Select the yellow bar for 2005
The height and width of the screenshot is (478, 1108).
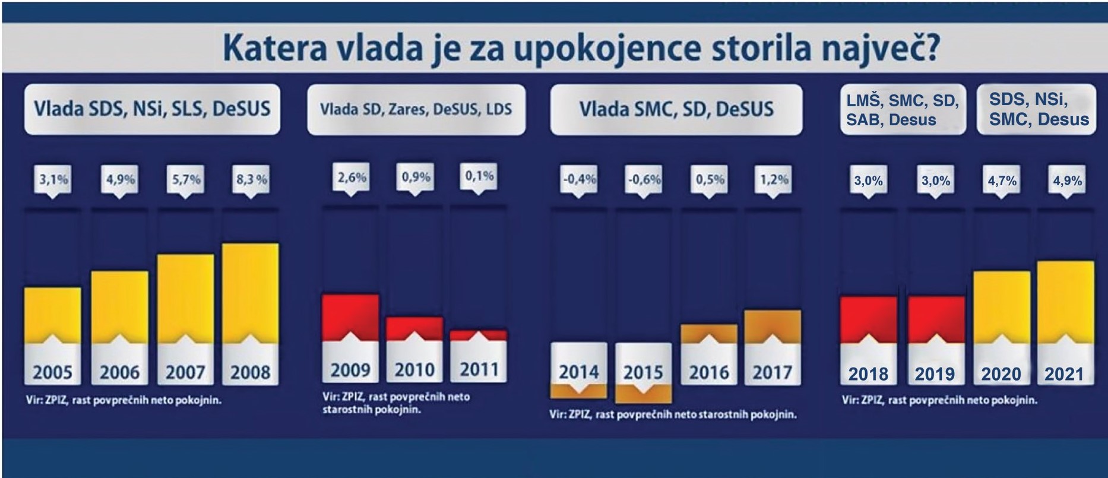click(x=52, y=315)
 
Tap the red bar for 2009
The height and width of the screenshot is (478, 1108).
click(x=350, y=317)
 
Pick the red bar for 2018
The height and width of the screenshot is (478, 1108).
click(x=869, y=319)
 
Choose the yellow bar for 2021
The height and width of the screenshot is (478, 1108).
click(x=1066, y=302)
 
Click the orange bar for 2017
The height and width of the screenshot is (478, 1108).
click(x=773, y=326)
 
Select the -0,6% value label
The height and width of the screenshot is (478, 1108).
click(x=644, y=179)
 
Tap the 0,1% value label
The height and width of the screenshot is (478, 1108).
click(x=479, y=176)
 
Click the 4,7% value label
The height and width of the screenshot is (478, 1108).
click(x=1002, y=181)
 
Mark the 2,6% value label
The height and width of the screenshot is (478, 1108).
click(x=352, y=177)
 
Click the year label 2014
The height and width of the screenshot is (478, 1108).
click(x=579, y=372)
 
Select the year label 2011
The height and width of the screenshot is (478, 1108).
click(x=479, y=369)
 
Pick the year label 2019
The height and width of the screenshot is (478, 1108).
click(x=935, y=374)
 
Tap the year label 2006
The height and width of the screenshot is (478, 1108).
click(x=119, y=372)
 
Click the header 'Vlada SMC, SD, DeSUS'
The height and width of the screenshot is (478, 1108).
click(x=676, y=109)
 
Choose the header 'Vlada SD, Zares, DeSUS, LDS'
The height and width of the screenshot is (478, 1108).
click(x=416, y=109)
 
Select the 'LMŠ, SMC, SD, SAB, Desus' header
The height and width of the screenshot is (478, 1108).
click(x=902, y=109)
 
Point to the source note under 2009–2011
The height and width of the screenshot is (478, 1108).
click(x=396, y=403)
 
